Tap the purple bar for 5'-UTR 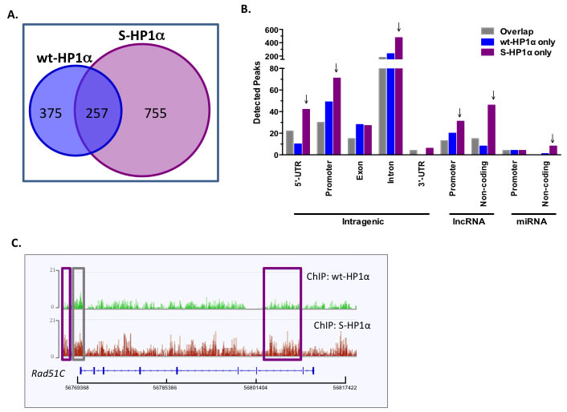[x=306, y=131]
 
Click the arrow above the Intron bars [x=399, y=27]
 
